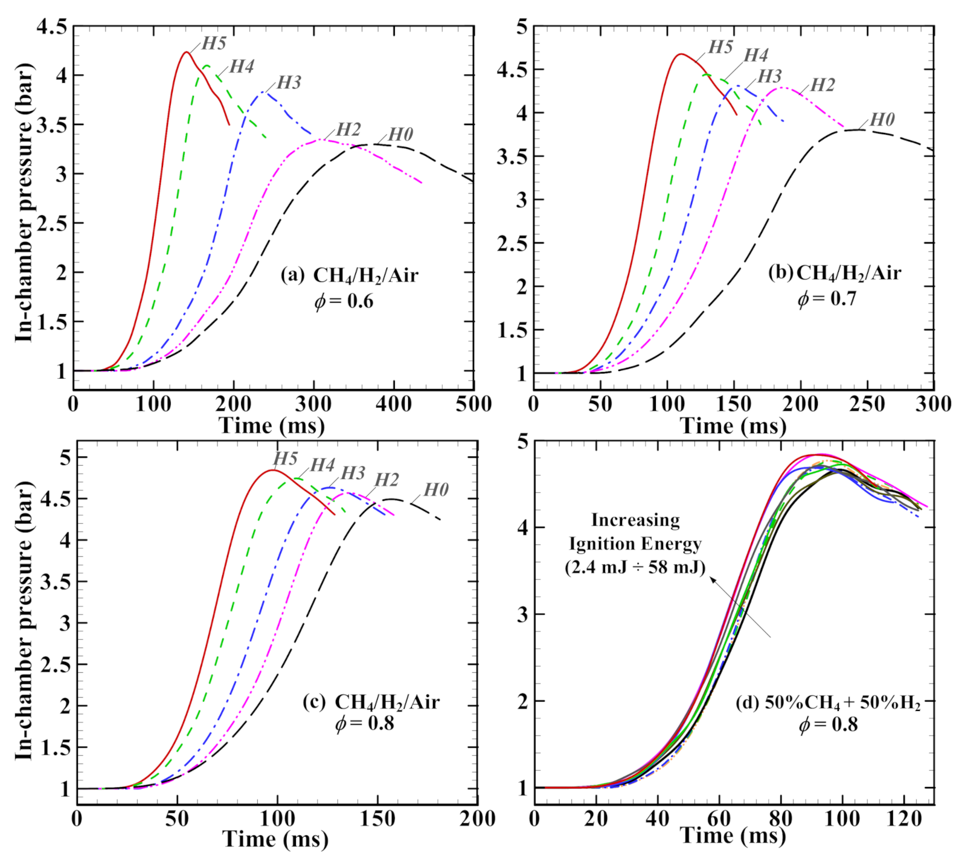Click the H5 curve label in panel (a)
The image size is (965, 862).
tap(214, 43)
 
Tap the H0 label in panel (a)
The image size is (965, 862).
tap(400, 134)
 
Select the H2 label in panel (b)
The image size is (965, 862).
tap(822, 85)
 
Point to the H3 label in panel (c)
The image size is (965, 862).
tap(353, 473)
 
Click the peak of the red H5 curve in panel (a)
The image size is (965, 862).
tap(186, 53)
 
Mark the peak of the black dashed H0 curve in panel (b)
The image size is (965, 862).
tap(856, 130)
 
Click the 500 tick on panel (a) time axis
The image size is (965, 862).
tap(473, 404)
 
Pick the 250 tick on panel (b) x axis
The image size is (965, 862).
tap(867, 404)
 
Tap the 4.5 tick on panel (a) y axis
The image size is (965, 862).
tap(51, 27)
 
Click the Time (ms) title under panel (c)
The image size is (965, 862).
tap(275, 839)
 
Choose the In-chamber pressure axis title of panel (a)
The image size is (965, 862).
tap(24, 202)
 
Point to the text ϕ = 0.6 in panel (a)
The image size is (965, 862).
tap(344, 300)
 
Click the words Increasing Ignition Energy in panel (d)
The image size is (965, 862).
tap(635, 532)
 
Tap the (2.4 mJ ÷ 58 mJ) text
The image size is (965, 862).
tap(635, 567)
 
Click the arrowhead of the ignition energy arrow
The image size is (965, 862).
tap(713, 579)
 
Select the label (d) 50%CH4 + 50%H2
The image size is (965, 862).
tap(828, 703)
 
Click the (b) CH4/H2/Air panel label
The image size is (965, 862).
tap(834, 273)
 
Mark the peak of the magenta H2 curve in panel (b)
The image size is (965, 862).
tap(782, 88)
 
